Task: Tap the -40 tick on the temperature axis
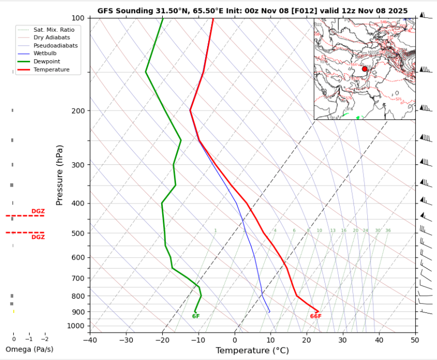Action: pos(90,340)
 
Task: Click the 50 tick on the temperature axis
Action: pos(415,340)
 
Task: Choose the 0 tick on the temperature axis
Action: pos(235,340)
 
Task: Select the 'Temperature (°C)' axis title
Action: pos(252,350)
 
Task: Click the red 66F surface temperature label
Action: pos(315,317)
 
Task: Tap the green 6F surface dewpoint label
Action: pos(196,317)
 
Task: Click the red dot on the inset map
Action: pos(365,69)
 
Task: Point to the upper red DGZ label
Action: pos(38,211)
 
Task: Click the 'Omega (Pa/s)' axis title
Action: pos(30,349)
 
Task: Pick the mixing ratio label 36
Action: pos(388,230)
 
